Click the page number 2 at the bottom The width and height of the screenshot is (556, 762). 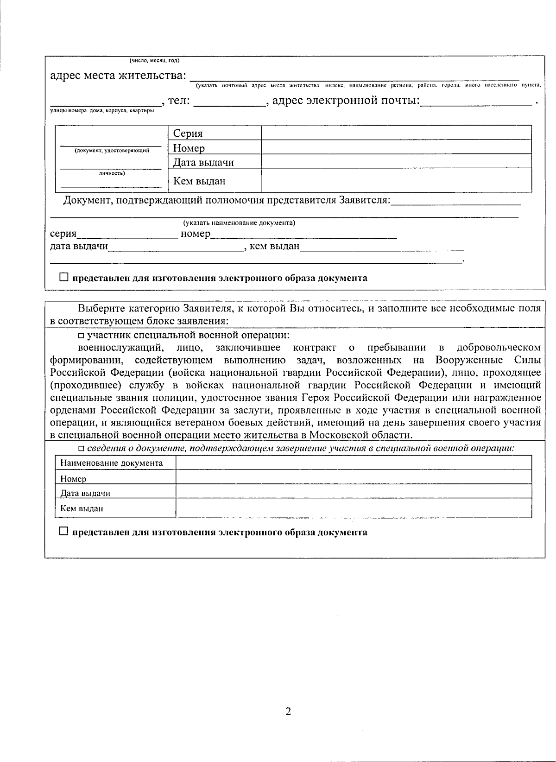pyautogui.click(x=288, y=711)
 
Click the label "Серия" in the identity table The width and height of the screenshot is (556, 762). pyautogui.click(x=188, y=133)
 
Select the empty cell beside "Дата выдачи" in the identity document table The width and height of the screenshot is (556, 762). pyautogui.click(x=396, y=162)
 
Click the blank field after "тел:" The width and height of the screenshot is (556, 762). pyautogui.click(x=229, y=102)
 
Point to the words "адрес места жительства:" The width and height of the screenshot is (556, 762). pyautogui.click(x=118, y=75)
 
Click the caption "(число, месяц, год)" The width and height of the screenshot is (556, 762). pyautogui.click(x=154, y=61)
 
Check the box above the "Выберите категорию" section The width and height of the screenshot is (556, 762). pyautogui.click(x=63, y=277)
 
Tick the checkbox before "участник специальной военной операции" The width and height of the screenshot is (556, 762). pyautogui.click(x=81, y=336)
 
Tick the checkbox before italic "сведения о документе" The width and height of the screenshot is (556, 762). pyautogui.click(x=81, y=448)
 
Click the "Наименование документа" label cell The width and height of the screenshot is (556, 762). pyautogui.click(x=112, y=463)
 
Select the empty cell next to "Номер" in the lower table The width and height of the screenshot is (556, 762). pyautogui.click(x=354, y=477)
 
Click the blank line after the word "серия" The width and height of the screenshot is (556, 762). pyautogui.click(x=127, y=235)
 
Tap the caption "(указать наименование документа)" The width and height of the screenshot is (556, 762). pyautogui.click(x=239, y=223)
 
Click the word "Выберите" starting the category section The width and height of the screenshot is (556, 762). pyautogui.click(x=97, y=309)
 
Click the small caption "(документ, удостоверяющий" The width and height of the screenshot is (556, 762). pyautogui.click(x=112, y=150)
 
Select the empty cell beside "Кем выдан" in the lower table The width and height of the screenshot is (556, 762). pyautogui.click(x=354, y=508)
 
